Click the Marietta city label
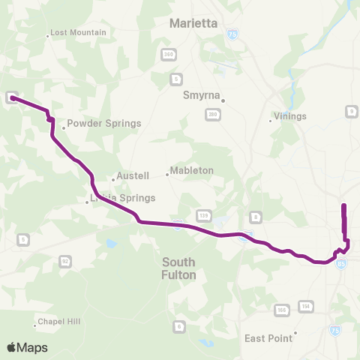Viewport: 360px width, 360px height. tap(193, 23)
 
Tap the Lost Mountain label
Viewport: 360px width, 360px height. tap(79, 33)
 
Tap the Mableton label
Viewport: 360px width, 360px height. tap(192, 170)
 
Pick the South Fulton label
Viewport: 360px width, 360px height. tap(179, 268)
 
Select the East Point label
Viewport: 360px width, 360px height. tap(268, 338)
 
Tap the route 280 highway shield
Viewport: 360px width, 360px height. tap(214, 114)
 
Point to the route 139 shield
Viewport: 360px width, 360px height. tap(202, 216)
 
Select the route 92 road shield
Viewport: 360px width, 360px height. tap(65, 261)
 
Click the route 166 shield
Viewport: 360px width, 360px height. tap(282, 310)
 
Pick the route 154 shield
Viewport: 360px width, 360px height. tap(305, 306)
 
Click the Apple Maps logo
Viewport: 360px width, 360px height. tap(27, 347)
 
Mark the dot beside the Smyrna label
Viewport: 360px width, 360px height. tap(223, 100)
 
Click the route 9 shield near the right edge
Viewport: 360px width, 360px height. tap(350, 112)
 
